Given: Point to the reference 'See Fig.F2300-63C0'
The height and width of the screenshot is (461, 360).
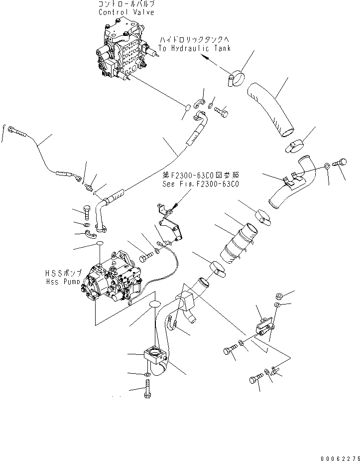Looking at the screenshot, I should click(201, 184).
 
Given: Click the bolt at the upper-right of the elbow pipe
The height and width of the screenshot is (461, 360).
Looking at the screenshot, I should click(341, 163).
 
